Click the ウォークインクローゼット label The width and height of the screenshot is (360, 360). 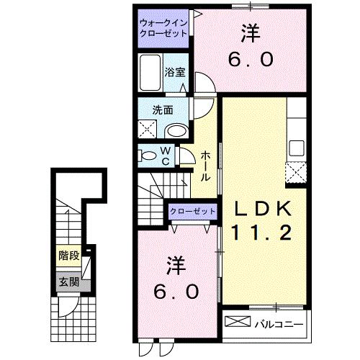click(x=164, y=28)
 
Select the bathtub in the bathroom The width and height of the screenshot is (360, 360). click(x=150, y=75)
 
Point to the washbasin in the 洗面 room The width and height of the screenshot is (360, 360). click(x=176, y=130)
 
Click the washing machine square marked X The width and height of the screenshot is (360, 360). click(x=150, y=130)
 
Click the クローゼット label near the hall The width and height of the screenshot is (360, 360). click(x=192, y=211)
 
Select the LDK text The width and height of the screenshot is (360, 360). click(x=261, y=209)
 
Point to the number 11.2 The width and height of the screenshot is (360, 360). click(x=261, y=233)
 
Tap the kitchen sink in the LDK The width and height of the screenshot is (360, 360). click(x=297, y=149)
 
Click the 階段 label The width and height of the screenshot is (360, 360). click(x=69, y=255)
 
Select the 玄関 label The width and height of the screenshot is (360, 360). click(x=68, y=281)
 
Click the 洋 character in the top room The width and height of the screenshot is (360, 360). click(x=250, y=33)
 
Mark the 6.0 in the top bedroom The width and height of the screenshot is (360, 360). click(x=250, y=60)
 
